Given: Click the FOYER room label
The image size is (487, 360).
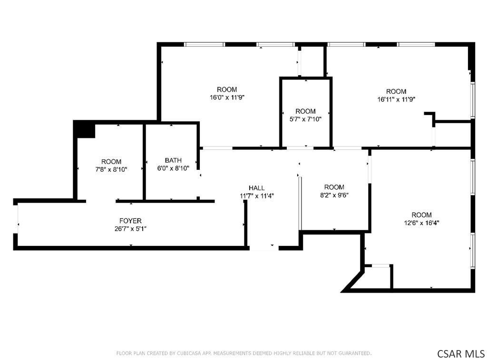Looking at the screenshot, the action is tap(130, 221).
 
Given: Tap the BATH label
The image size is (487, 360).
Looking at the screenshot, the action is tap(173, 160).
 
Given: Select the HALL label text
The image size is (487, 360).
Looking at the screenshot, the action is tap(256, 188).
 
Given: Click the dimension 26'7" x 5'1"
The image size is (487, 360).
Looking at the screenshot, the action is tap(130, 229).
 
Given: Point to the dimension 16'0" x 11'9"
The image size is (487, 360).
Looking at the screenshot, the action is tap(227, 97).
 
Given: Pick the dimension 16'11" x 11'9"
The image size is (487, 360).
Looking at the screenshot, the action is tap(396, 99).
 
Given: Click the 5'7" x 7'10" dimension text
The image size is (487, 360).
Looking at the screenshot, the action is tap(306, 119).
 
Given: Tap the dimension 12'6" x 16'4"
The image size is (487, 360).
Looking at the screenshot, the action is tap(421, 223).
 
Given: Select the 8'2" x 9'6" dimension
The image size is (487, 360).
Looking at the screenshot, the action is tap(334, 195).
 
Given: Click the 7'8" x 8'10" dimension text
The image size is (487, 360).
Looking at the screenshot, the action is tap(111, 170).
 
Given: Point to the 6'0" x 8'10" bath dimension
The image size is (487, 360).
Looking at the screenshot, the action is tap(173, 168).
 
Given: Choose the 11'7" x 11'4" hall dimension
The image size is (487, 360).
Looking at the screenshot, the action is tap(257, 196).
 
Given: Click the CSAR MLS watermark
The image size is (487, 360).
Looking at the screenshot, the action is tap(461, 353).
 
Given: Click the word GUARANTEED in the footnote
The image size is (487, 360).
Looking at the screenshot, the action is tap(354, 353).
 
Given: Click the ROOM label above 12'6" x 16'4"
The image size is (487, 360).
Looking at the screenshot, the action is tap(421, 214).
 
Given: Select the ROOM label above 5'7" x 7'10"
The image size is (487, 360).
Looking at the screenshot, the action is tap(306, 111).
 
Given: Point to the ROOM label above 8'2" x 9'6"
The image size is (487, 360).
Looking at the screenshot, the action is tap(334, 187).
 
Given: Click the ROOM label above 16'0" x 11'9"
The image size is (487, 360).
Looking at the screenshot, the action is tap(227, 89).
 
